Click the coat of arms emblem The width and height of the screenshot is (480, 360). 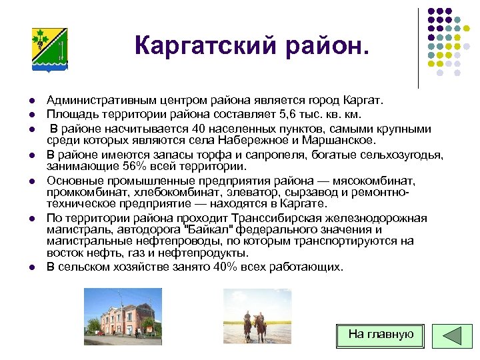point(49,49)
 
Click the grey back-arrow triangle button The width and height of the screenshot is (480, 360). point(453,335)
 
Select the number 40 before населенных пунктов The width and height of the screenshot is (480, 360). point(197,129)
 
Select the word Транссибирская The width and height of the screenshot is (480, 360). point(275,219)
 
